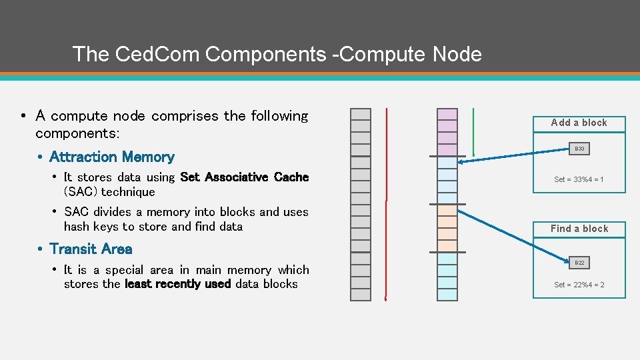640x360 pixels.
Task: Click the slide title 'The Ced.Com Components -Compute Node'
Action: [x=277, y=54]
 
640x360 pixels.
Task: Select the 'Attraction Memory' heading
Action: [x=111, y=157]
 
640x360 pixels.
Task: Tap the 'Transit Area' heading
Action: [x=91, y=249]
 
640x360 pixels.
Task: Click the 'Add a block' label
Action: [x=579, y=123]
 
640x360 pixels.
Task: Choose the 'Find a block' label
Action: [x=579, y=229]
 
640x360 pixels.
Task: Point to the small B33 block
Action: [x=579, y=149]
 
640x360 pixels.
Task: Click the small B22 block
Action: [x=579, y=263]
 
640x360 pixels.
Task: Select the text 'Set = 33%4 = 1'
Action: [x=579, y=179]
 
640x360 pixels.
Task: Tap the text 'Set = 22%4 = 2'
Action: [x=579, y=285]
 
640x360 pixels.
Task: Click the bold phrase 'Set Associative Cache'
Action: [x=244, y=177]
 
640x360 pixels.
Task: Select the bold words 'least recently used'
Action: [x=177, y=285]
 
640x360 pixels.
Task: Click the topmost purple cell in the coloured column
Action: [x=447, y=114]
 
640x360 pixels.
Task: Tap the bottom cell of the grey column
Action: [x=361, y=294]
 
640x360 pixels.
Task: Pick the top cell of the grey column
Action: [x=361, y=114]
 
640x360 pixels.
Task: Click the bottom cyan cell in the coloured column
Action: [x=447, y=294]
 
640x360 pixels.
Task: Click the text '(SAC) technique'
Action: [x=109, y=192]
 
